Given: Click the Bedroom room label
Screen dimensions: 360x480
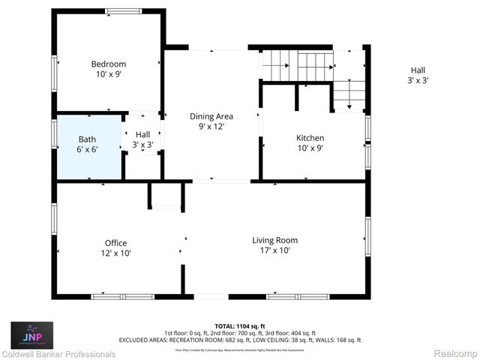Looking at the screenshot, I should click(109, 64).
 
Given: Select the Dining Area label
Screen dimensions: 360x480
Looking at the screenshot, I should click(211, 116).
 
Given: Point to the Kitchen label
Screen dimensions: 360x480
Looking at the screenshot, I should click(310, 138).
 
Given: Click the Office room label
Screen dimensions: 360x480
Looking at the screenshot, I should click(115, 243).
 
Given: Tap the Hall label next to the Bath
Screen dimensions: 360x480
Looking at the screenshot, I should click(142, 134).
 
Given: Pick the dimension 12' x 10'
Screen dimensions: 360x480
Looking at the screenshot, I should click(115, 253).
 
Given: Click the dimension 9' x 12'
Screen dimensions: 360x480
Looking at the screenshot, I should click(211, 127).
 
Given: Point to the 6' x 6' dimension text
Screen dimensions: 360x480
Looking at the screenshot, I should click(88, 149).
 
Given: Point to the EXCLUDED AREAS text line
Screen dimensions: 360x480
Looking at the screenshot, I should click(240, 340).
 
